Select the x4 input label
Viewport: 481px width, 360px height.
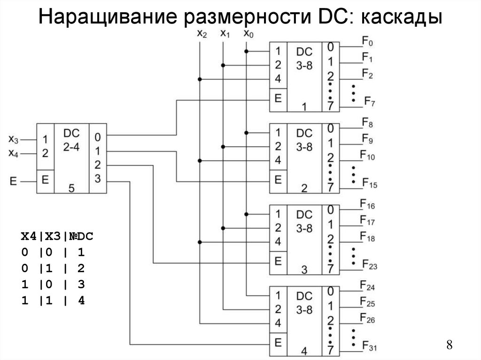[14, 153]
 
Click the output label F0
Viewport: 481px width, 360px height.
[367, 43]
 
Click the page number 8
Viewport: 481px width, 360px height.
[449, 345]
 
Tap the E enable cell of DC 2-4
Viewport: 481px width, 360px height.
[45, 180]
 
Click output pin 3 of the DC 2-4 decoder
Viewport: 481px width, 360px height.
[97, 178]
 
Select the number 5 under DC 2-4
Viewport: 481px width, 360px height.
[71, 188]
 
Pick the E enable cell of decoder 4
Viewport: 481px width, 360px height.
[278, 343]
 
